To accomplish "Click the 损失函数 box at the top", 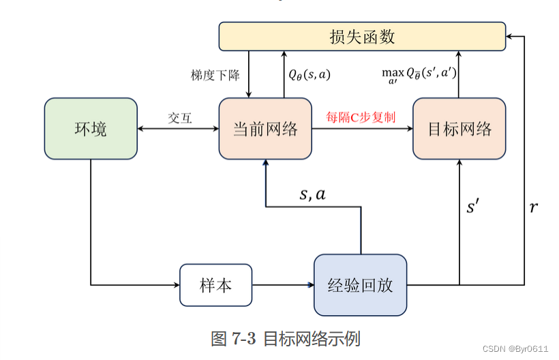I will tap(362, 36).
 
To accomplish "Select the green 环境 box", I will tap(91, 128).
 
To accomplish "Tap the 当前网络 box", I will tap(265, 128).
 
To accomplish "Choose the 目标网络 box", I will tap(459, 128).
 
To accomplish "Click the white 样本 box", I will tap(215, 284).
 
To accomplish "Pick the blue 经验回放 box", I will tap(360, 284).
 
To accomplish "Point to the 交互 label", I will tap(180, 117).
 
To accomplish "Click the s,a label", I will tap(313, 194).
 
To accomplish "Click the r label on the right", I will tap(533, 207).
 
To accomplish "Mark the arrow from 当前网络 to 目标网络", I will tap(362, 128).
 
